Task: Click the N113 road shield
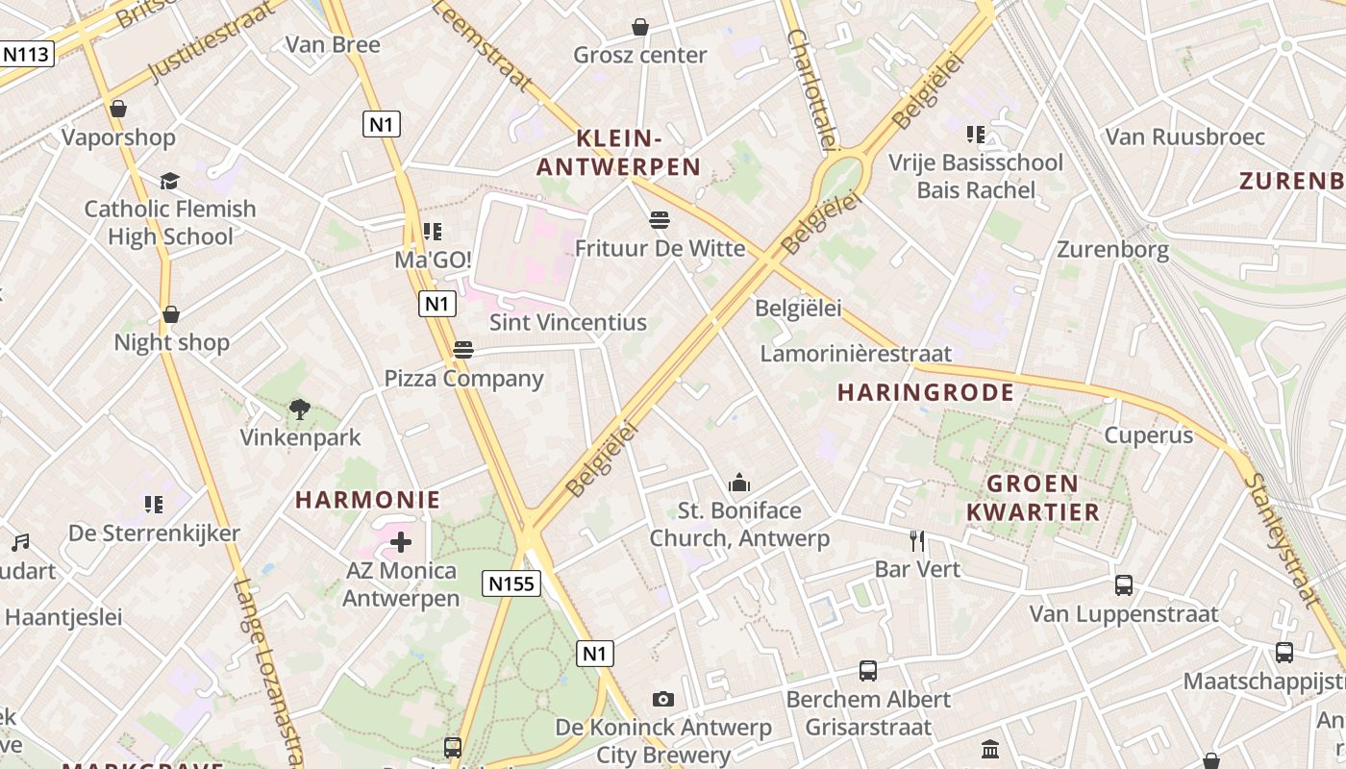(x=26, y=54)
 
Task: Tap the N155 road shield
(x=511, y=583)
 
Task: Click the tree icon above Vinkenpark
(x=300, y=409)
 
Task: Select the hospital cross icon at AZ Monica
(x=401, y=543)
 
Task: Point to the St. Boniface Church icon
(x=738, y=483)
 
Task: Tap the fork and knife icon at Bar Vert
(x=917, y=541)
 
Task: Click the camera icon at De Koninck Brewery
(x=662, y=699)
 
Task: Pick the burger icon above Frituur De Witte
(x=659, y=220)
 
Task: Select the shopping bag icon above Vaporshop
(x=118, y=109)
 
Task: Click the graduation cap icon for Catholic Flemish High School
(x=170, y=182)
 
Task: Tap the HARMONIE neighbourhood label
(x=367, y=500)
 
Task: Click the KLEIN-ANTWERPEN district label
(x=618, y=153)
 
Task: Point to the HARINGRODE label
(x=926, y=392)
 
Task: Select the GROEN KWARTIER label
(x=1033, y=497)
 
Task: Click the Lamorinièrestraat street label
(x=856, y=354)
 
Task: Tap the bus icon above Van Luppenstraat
(x=1123, y=584)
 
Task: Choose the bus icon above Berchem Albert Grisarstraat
(x=867, y=671)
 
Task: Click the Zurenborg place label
(x=1112, y=250)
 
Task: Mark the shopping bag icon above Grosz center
(x=640, y=27)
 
